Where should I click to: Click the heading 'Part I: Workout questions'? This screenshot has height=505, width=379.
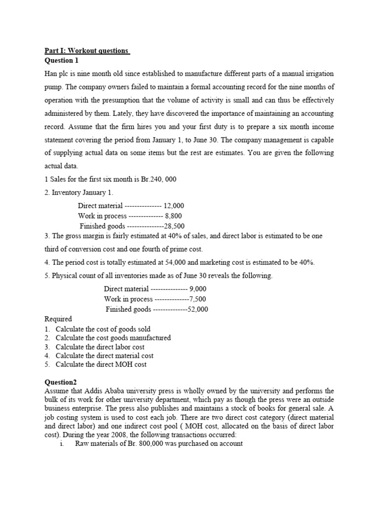click(x=87, y=51)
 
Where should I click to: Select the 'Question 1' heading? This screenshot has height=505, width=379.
click(x=62, y=61)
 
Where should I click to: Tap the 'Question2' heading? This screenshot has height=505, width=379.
click(x=61, y=382)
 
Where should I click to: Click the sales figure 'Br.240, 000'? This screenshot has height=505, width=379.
click(x=157, y=180)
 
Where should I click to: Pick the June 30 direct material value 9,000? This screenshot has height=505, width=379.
click(x=197, y=289)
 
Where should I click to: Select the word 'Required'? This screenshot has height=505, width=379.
click(x=58, y=319)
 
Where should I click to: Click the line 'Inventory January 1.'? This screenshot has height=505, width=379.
click(x=81, y=192)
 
